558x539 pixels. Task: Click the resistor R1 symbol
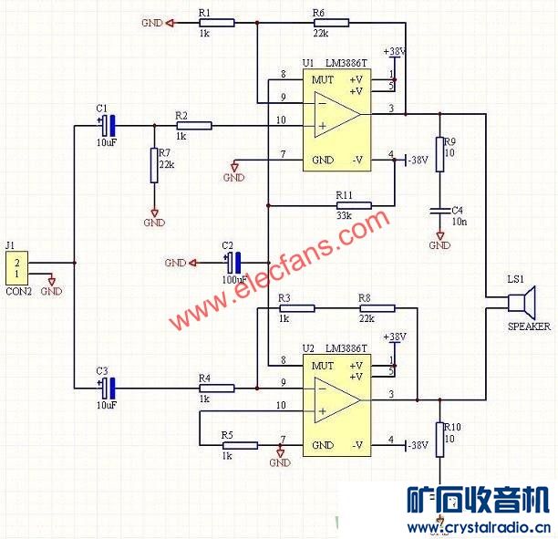(x=216, y=23)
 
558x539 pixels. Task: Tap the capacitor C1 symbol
(x=107, y=125)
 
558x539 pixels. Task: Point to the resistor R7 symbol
(x=154, y=164)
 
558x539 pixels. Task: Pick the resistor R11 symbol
(x=354, y=206)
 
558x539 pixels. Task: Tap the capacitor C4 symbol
(x=439, y=212)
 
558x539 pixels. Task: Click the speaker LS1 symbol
(x=522, y=302)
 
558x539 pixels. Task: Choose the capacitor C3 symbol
(x=107, y=387)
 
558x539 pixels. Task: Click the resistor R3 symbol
(x=296, y=308)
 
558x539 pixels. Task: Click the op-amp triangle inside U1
(x=336, y=113)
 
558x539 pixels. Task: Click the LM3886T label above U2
(x=346, y=348)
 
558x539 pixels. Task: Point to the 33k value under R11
(x=344, y=216)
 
